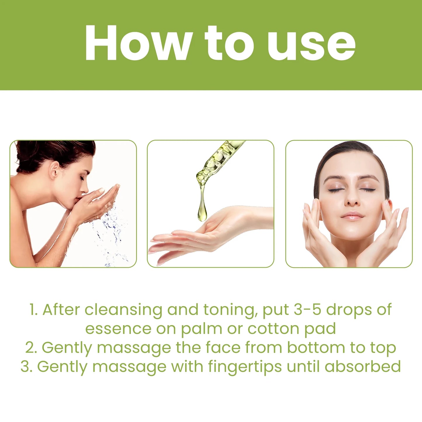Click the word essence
click(118, 329)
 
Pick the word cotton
click(273, 329)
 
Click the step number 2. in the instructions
click(31, 348)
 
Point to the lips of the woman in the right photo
click(352, 216)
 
